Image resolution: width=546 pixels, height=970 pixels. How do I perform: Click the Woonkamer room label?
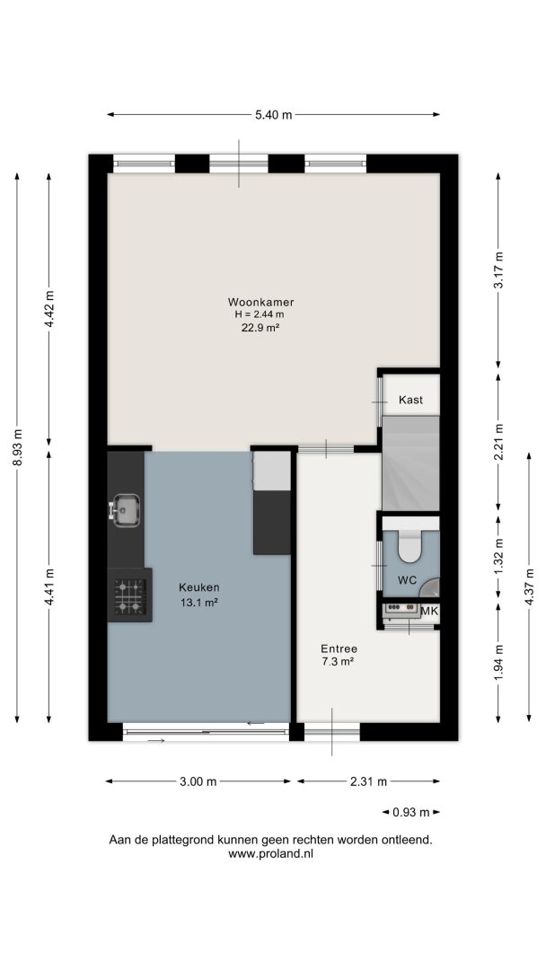point(260,303)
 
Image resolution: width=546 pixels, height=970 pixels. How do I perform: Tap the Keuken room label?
point(199,587)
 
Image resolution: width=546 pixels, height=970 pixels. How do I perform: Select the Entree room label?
point(339,649)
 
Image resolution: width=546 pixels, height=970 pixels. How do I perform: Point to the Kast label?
point(410,400)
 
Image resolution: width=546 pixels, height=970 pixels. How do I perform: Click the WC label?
point(406,580)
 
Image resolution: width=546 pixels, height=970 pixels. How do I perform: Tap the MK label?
point(429,612)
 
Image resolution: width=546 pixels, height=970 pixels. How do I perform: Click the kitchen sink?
point(126,510)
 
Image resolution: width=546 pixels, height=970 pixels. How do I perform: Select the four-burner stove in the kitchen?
point(130,596)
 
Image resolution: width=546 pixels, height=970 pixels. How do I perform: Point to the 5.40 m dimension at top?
point(273,114)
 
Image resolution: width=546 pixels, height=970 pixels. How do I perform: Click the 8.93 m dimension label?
point(17,448)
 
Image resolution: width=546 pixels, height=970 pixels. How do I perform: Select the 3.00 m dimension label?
point(198,781)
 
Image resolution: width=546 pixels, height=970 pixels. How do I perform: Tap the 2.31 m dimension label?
point(368,781)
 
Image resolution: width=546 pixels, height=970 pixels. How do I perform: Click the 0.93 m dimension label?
point(410,812)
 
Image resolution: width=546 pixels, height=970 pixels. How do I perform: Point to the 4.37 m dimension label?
point(529,587)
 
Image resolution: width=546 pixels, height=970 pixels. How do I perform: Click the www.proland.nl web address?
point(271,854)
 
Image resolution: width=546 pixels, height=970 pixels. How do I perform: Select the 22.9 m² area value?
point(260,329)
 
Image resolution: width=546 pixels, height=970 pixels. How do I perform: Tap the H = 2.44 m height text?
point(260,315)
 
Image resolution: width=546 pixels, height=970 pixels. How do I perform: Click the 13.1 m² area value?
point(199,601)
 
